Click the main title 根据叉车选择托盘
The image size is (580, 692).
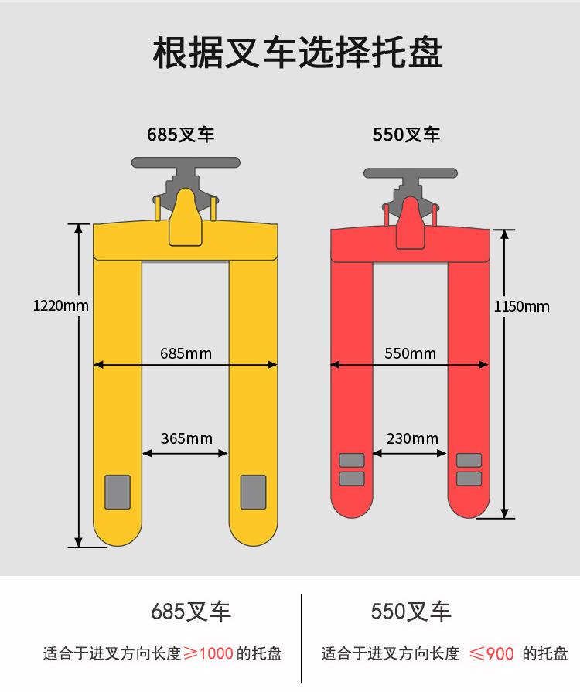click(298, 53)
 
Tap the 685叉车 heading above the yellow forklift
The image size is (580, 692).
click(180, 135)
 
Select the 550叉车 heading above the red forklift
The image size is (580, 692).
click(406, 135)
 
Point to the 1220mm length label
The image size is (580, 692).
click(61, 305)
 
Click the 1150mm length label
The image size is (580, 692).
click(522, 306)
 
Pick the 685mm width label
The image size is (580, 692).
click(186, 353)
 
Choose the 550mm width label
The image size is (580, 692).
click(410, 353)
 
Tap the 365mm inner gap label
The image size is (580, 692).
click(186, 438)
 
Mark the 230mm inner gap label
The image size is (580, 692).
click(412, 438)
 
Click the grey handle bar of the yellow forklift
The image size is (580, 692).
click(186, 162)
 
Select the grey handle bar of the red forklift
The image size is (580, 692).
click(411, 173)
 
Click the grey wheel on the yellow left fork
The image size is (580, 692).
click(118, 492)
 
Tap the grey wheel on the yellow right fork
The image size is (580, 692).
click(254, 492)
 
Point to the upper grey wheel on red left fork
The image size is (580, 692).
click(352, 460)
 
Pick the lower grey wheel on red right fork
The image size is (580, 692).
click(469, 479)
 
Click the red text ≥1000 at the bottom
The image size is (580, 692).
click(208, 653)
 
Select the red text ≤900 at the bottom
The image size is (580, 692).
click(492, 653)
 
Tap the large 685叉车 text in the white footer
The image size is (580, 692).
click(191, 612)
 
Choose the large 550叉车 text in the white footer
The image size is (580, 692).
click(411, 612)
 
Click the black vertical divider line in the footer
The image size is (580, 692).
click(302, 638)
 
